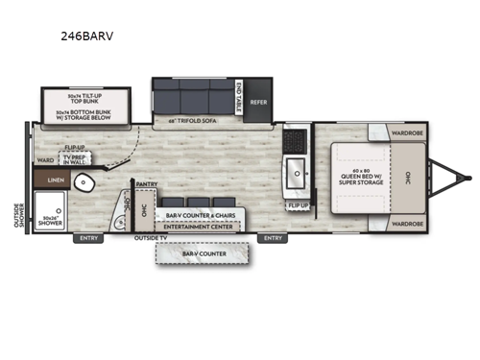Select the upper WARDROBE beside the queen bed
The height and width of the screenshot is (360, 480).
click(407, 133)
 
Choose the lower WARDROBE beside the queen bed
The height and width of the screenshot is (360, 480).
click(407, 223)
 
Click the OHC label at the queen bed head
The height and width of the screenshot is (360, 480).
click(409, 179)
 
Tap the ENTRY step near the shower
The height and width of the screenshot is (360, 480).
click(89, 237)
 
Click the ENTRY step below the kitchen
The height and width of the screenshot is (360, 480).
click(274, 237)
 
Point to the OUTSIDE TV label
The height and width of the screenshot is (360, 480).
click(151, 237)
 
